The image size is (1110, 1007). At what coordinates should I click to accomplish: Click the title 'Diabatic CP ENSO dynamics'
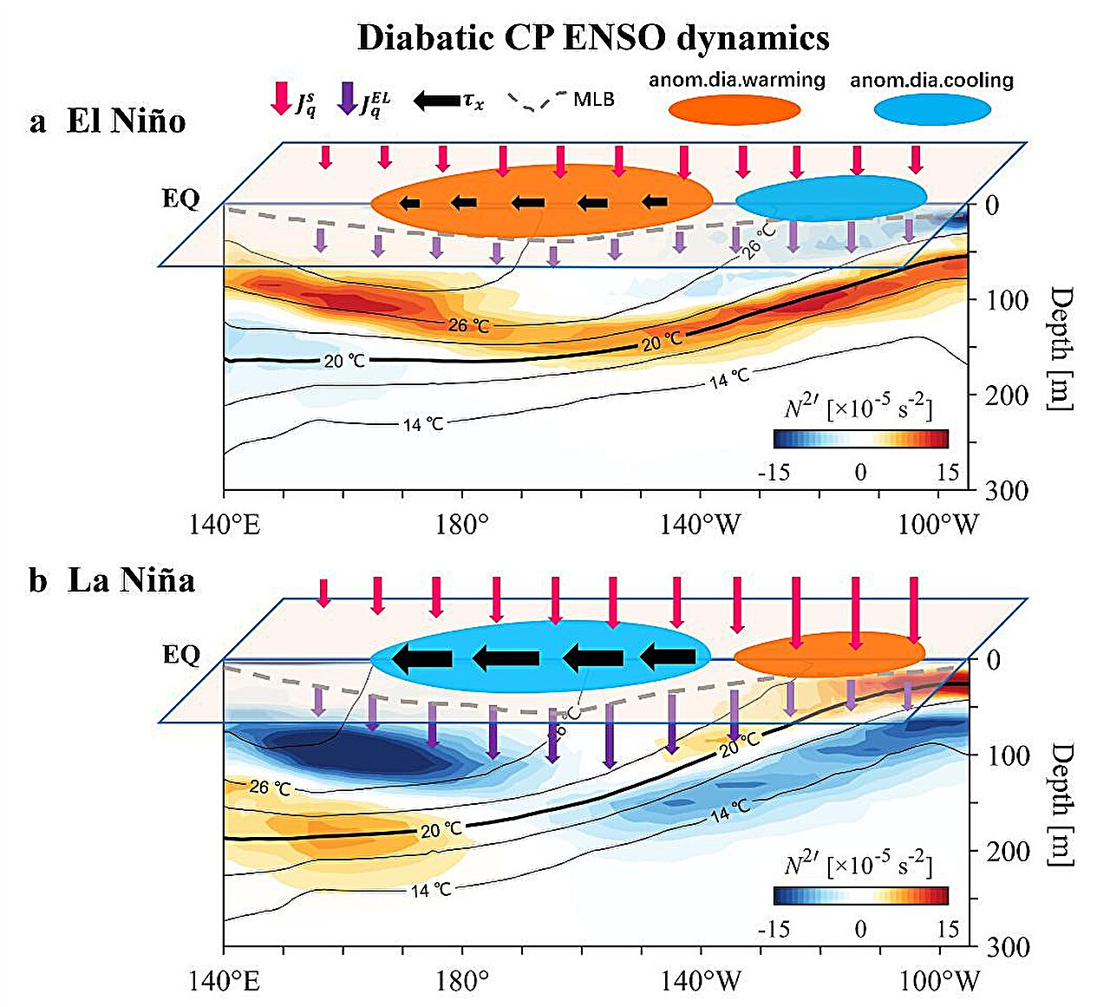tap(592, 38)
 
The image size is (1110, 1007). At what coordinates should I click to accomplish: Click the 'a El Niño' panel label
tap(108, 121)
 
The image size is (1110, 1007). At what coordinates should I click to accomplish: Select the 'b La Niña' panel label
tap(111, 579)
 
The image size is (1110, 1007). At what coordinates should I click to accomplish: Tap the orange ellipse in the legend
tap(735, 110)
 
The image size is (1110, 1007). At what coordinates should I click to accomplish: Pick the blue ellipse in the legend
tap(932, 110)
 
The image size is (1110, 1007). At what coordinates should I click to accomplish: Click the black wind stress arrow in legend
tap(437, 100)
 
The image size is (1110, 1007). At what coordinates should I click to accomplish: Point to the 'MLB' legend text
tap(594, 99)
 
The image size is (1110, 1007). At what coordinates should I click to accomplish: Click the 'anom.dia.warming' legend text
tap(737, 80)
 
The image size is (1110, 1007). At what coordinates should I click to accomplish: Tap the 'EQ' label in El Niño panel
tap(180, 199)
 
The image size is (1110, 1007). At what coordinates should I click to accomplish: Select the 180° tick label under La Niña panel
tap(463, 981)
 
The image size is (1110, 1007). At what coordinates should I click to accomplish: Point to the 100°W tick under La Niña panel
tap(939, 981)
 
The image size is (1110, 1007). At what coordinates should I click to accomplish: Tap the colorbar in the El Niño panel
tap(860, 439)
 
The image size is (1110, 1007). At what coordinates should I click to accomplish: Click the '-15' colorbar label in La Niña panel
tap(774, 929)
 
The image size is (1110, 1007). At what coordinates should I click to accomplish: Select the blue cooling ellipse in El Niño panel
tap(831, 199)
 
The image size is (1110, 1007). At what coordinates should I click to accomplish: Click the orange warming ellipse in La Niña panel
tap(829, 654)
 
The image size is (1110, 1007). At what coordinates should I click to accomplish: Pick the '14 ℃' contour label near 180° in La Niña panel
tap(431, 890)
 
